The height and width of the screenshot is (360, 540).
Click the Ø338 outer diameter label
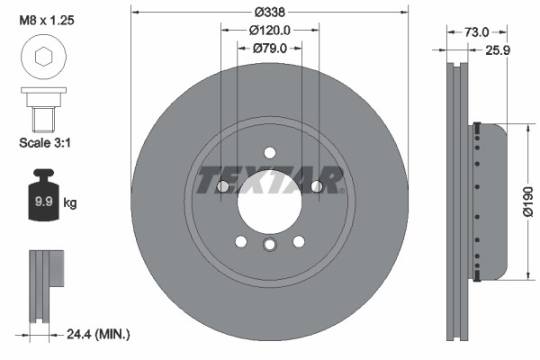coord(270,13)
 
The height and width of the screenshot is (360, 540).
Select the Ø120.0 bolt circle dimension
coord(270,31)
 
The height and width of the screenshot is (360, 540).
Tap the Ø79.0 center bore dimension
coord(270,49)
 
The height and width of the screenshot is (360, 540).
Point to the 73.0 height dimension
coord(477,32)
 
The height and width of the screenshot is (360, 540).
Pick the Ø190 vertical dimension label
coord(527,202)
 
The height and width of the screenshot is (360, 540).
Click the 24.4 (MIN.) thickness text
coord(98,334)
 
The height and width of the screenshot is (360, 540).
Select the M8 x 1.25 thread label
coord(47,21)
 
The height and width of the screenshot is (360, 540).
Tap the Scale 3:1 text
coord(45,142)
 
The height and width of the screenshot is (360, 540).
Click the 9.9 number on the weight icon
coord(44,202)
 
